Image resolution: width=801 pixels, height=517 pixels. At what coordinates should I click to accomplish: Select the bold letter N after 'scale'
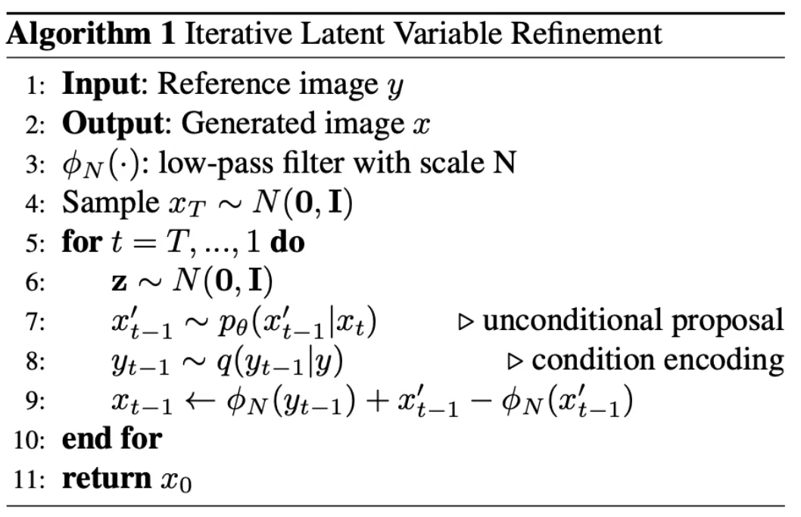(x=504, y=164)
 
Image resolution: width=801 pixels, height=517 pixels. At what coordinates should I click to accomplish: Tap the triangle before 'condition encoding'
(x=516, y=361)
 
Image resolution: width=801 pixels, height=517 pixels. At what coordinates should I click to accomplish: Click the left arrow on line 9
(x=204, y=400)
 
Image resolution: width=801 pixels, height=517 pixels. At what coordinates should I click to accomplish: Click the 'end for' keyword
(x=112, y=439)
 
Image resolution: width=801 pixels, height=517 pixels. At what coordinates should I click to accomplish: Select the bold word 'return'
(x=107, y=478)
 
